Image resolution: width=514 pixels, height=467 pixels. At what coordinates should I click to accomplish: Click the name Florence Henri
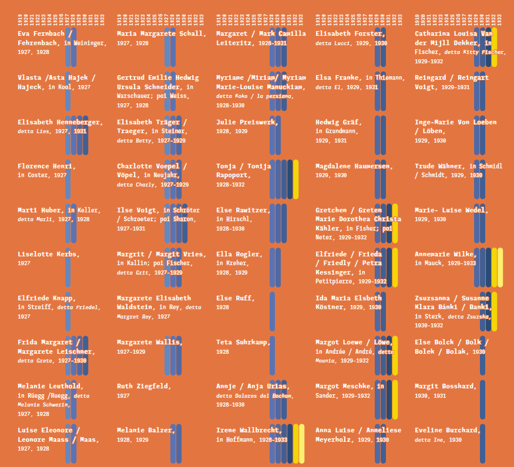pyautogui.click(x=46, y=166)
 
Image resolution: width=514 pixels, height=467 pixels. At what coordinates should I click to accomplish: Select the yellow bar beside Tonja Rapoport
pyautogui.click(x=295, y=179)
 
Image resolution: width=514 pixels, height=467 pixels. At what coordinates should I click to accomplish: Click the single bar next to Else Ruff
pyautogui.click(x=272, y=311)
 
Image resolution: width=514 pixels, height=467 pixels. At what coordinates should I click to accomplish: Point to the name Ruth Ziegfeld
pyautogui.click(x=144, y=386)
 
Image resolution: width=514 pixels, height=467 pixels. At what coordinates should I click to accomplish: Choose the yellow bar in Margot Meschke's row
pyautogui.click(x=395, y=399)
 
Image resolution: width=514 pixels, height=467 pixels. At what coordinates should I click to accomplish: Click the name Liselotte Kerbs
pyautogui.click(x=48, y=254)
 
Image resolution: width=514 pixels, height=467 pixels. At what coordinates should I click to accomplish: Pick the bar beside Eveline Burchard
pyautogui.click(x=482, y=443)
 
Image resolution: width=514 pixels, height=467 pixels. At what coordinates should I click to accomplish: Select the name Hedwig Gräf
pyautogui.click(x=338, y=122)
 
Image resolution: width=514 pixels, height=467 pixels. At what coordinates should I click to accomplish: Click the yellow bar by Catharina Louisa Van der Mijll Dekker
pyautogui.click(x=494, y=47)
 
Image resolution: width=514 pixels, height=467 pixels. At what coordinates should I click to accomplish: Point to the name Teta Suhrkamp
pyautogui.click(x=243, y=342)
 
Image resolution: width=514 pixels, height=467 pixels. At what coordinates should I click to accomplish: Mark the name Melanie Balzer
pyautogui.click(x=146, y=430)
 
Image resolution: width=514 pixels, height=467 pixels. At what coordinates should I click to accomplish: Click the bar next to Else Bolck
pyautogui.click(x=482, y=355)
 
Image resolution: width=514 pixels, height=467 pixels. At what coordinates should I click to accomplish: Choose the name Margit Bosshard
pyautogui.click(x=445, y=386)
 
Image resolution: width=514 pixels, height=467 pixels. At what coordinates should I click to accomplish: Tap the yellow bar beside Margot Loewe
pyautogui.click(x=395, y=355)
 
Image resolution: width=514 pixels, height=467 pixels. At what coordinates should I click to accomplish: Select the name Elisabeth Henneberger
pyautogui.click(x=60, y=122)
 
